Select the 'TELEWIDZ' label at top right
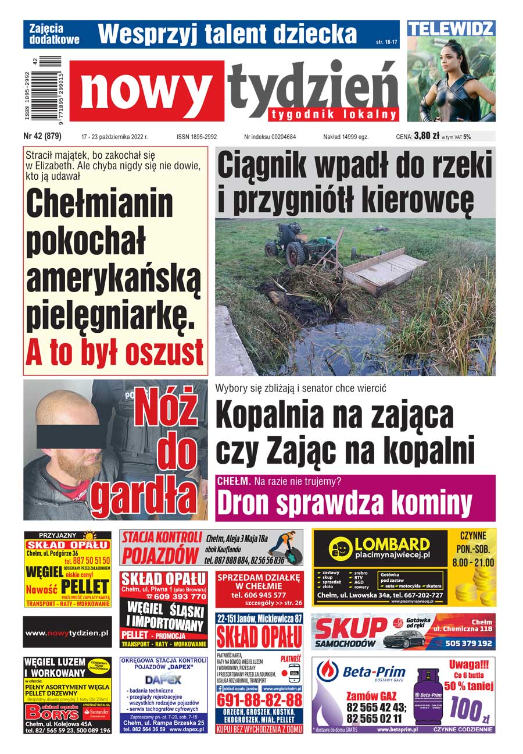[x=451, y=28]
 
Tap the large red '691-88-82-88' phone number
[x=259, y=699]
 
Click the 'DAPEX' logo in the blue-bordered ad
[x=163, y=679]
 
